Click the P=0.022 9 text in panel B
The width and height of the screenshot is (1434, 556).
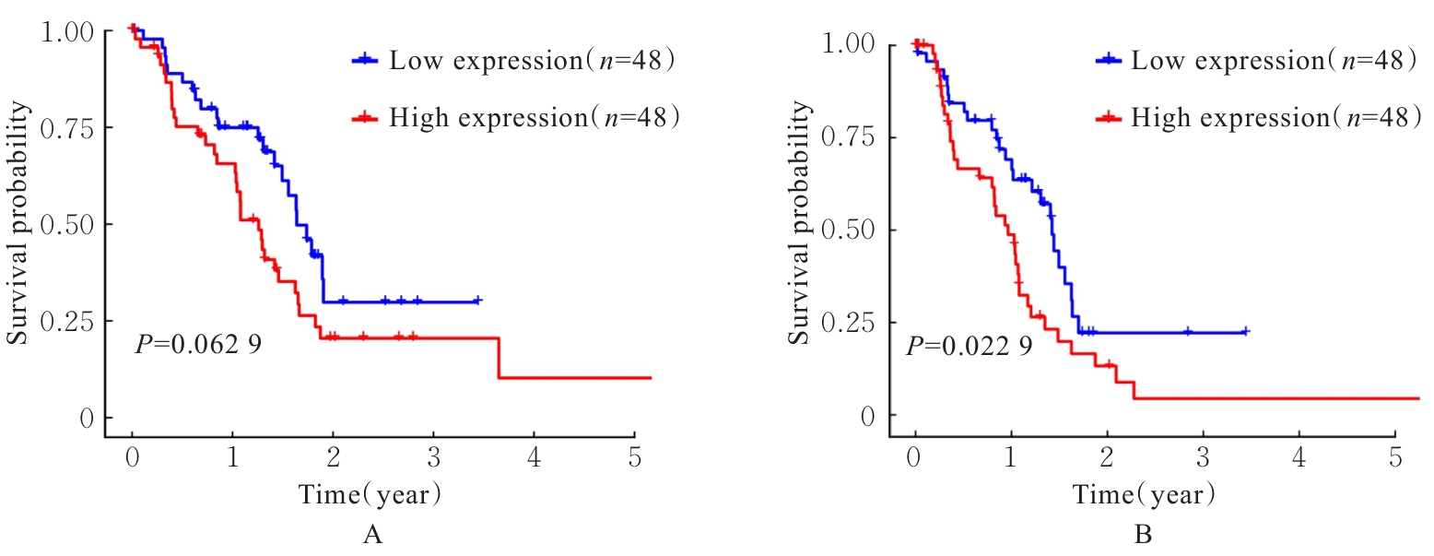969,348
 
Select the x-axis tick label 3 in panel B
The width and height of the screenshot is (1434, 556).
1203,455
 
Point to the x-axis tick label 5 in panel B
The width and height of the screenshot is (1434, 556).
1394,455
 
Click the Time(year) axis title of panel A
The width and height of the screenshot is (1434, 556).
370,494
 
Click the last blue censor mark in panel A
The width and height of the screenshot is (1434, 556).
476,301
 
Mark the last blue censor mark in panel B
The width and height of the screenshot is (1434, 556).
1244,331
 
